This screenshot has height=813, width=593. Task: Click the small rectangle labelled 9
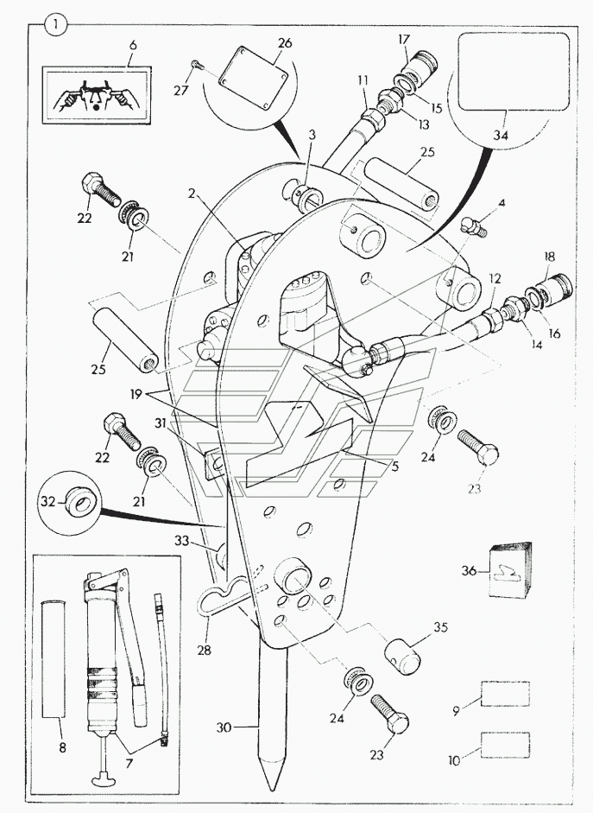click(x=505, y=694)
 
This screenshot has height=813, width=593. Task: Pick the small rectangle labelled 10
click(x=505, y=743)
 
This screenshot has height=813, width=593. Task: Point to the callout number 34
click(x=501, y=136)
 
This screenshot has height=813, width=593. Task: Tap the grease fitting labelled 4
click(x=474, y=227)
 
